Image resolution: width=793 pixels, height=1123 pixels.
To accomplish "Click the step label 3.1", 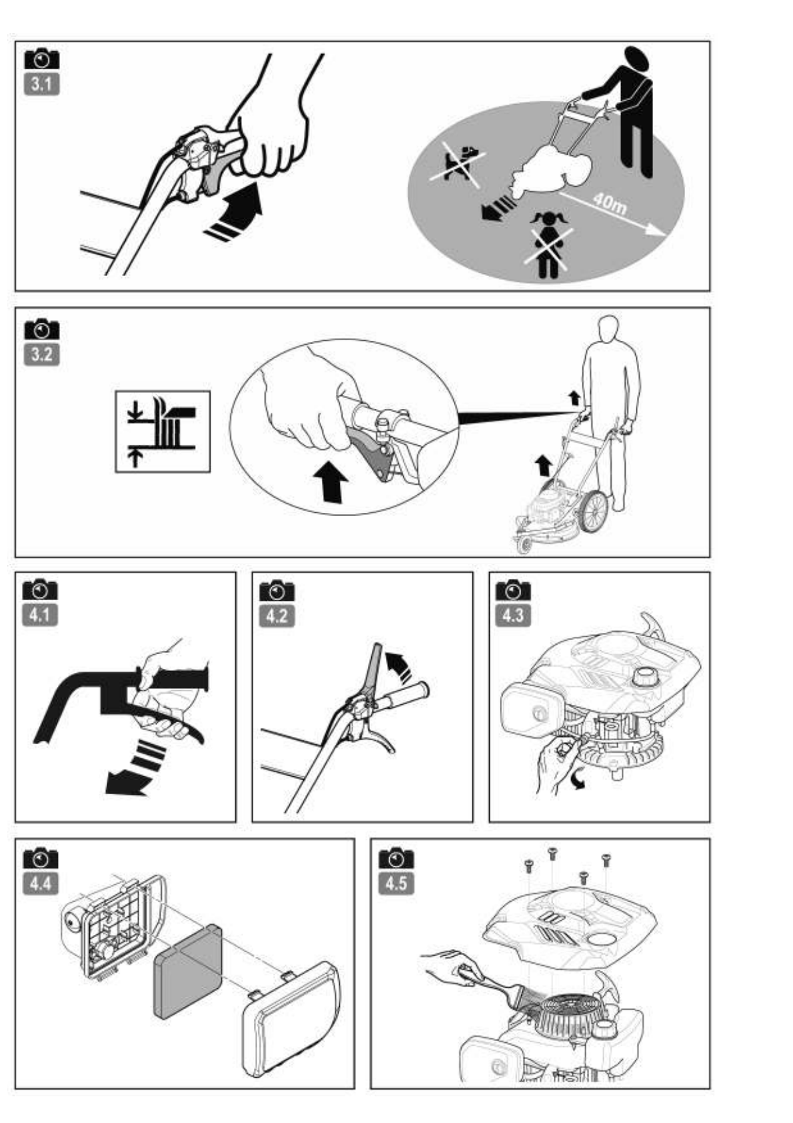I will tap(41, 85).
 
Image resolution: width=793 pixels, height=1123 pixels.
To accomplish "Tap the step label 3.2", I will tap(41, 355).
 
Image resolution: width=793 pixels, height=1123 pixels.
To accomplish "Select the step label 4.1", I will tap(40, 615).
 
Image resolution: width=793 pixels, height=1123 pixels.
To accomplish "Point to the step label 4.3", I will tap(513, 615).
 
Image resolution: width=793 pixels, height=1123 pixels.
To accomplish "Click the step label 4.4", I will tap(40, 884).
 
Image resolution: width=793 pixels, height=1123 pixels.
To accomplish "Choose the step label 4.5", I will tap(396, 884).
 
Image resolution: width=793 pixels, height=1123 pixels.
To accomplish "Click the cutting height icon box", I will tap(163, 431).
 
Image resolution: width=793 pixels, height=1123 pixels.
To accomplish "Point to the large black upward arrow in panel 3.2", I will tap(331, 481).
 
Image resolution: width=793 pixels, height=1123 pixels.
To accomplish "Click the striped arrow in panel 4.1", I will tap(137, 768).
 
